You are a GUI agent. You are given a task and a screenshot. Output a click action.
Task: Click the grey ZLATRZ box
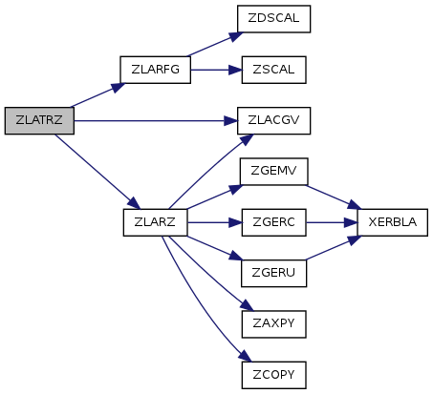39,120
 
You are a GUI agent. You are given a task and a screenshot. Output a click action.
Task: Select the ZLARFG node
155,70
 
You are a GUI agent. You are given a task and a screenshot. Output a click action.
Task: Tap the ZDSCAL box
273,19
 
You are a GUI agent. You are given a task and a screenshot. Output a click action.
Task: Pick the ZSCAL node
274,70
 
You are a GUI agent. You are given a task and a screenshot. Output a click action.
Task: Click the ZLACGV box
273,120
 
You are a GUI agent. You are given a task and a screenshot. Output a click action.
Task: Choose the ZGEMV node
274,172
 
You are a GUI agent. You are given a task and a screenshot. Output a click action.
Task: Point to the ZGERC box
274,222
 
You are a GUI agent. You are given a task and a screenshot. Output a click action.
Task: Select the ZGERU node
274,273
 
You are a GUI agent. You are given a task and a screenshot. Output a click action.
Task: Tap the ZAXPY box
274,324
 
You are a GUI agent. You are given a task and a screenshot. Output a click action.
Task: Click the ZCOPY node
274,375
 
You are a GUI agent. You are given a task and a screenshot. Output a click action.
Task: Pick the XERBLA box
393,222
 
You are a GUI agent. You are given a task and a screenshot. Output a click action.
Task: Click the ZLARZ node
155,222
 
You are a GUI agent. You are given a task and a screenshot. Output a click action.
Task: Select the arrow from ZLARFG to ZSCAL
216,70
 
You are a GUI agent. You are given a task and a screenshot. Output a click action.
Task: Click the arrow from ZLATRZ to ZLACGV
156,121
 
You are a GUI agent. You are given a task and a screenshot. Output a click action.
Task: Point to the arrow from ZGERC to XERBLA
332,222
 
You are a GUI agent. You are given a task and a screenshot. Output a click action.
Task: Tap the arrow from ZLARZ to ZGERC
214,222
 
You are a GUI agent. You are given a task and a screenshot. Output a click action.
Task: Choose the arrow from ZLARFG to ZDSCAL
215,44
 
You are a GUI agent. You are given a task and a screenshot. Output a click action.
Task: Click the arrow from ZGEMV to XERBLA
333,197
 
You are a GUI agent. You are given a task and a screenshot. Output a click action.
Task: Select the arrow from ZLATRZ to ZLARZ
97,172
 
